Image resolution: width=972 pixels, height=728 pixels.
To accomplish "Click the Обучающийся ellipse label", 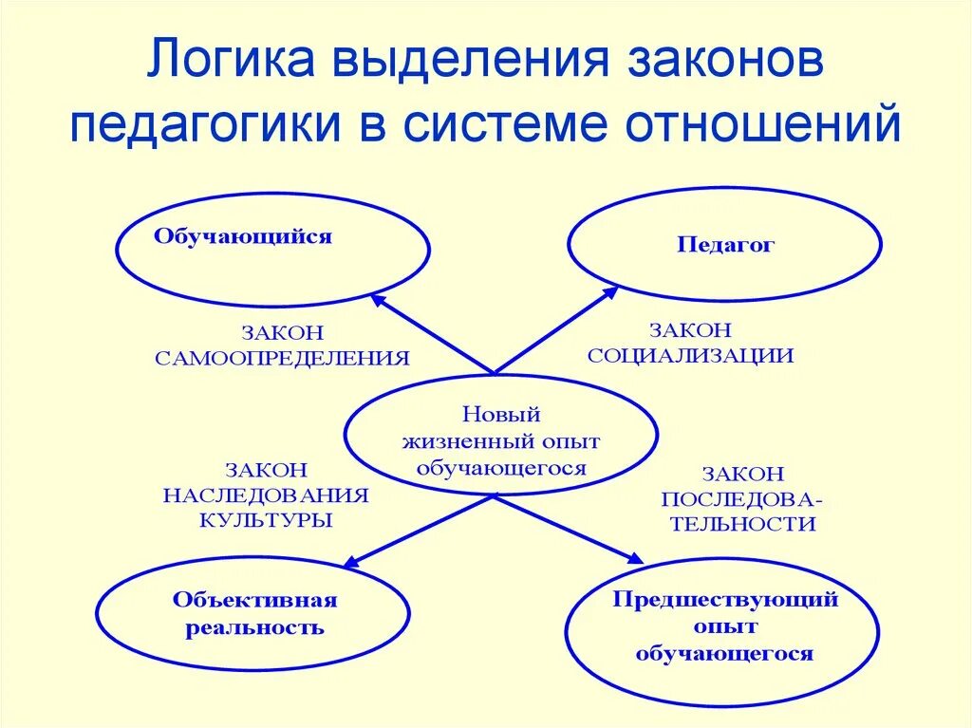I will pos(243,237).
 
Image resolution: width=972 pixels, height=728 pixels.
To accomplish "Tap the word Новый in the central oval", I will pos(500,414).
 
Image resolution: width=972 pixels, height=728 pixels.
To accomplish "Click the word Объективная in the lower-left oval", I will pos(255,600).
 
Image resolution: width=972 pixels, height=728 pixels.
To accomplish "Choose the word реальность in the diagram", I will pos(255,627).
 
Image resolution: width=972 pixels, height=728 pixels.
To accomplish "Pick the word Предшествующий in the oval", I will pos(725,600).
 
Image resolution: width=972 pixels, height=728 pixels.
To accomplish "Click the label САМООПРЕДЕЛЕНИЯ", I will pos(282,359).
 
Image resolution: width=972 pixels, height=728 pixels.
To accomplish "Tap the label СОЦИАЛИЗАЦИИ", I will pos(690,356).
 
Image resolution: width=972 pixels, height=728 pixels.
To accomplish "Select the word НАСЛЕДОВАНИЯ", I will pos(266,495).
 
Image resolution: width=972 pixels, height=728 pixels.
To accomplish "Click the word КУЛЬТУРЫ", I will pos(266,520).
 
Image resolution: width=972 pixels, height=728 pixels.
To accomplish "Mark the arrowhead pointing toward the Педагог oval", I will pos(612,292).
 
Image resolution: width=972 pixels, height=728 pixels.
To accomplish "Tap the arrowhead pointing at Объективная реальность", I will pos(348,564).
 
